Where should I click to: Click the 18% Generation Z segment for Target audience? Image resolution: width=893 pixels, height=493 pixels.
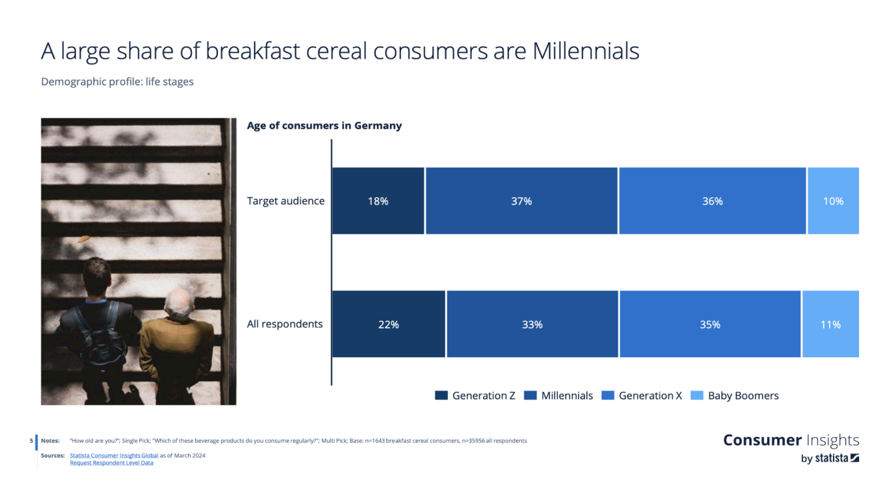tap(378, 201)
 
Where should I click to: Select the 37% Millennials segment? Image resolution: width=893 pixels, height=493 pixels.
tap(521, 201)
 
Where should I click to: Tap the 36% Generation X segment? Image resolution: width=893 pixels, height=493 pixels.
tap(712, 201)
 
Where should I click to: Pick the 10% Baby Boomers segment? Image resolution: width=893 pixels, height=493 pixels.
tap(833, 201)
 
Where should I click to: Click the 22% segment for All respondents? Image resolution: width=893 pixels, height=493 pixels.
tap(389, 324)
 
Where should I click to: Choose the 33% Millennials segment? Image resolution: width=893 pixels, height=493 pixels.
tap(532, 324)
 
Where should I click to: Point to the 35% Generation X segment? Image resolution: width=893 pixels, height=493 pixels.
tap(710, 324)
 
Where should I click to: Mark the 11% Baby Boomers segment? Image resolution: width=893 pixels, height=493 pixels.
tap(831, 324)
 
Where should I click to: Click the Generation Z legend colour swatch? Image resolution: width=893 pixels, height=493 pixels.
tap(441, 395)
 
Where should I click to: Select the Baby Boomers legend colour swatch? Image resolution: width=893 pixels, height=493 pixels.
tap(697, 395)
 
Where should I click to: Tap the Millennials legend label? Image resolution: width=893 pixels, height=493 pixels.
tap(567, 395)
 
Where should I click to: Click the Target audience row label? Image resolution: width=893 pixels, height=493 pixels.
tap(285, 201)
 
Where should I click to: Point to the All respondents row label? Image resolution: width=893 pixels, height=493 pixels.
tap(285, 324)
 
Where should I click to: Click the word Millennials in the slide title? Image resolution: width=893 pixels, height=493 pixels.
tap(586, 51)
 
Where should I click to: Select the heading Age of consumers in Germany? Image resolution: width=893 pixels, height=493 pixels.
tap(324, 125)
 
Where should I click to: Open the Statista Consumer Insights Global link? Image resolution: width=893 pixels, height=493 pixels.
tap(114, 456)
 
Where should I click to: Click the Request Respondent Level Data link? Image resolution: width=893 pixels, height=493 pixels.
tap(112, 463)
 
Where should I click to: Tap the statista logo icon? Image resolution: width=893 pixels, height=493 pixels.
tap(854, 458)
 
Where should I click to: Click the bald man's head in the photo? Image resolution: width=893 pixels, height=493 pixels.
tap(179, 304)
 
